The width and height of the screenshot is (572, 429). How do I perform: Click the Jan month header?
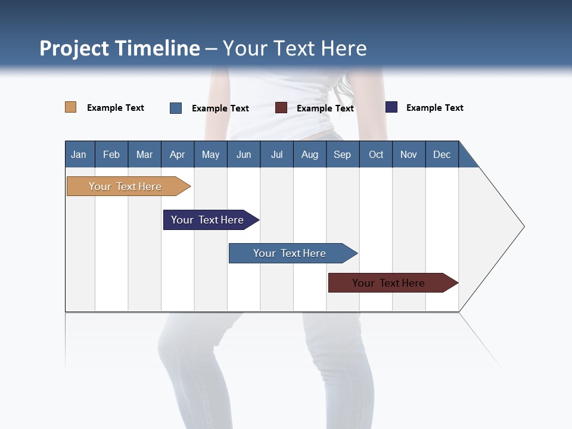(79, 154)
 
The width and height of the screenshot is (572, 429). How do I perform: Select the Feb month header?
(111, 154)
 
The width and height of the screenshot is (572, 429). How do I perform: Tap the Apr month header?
(177, 154)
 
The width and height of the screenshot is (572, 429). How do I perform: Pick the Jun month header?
(244, 154)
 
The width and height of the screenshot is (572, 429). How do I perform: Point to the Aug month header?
(309, 154)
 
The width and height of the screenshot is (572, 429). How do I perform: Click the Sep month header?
(342, 154)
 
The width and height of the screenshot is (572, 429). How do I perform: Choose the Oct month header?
(376, 154)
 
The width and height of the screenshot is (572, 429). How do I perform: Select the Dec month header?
(442, 154)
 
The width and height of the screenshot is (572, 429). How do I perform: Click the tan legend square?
(70, 107)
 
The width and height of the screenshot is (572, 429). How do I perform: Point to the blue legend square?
(176, 108)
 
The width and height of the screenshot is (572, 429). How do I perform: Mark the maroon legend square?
(281, 108)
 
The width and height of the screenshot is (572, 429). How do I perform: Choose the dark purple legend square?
(391, 107)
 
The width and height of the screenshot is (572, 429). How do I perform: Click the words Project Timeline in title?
(120, 48)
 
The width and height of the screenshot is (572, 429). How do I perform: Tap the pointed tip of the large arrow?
(523, 226)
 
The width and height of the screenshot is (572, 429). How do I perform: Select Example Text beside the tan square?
(116, 108)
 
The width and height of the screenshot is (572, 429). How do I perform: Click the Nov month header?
(409, 154)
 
